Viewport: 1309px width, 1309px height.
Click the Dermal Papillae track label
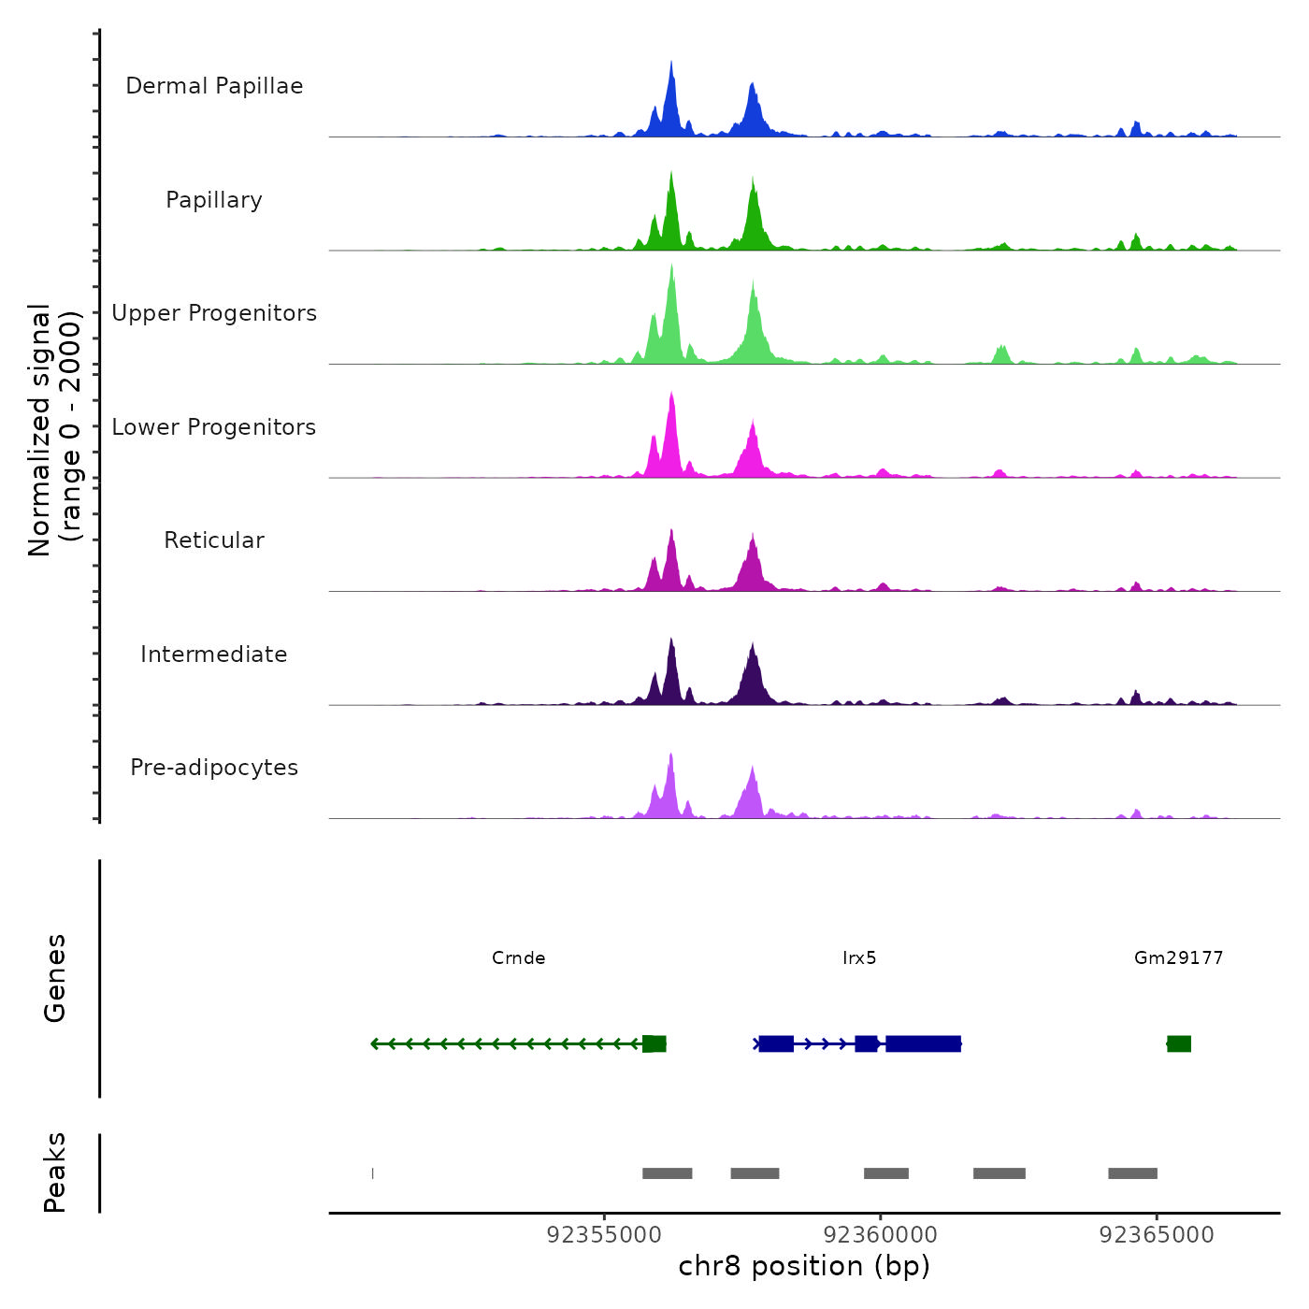[214, 86]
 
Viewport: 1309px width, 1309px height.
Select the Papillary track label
[214, 200]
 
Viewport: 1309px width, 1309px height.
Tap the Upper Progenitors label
[214, 313]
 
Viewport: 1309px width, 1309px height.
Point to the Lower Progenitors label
[214, 427]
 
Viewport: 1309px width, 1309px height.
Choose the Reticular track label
[214, 540]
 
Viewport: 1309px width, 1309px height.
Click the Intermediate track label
[214, 654]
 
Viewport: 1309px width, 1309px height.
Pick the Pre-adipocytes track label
[214, 768]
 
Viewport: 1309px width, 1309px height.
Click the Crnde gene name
[518, 957]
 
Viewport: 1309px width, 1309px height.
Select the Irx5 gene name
[859, 957]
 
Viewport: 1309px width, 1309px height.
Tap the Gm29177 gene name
[1178, 957]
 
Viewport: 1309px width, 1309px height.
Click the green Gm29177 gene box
[1179, 1043]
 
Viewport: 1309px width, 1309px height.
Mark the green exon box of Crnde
[654, 1043]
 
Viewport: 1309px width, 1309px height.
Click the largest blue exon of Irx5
[923, 1043]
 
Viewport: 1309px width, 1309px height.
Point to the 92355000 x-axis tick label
[604, 1235]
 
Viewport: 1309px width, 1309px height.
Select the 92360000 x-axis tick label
[880, 1235]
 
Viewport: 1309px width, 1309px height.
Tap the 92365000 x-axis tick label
[1157, 1235]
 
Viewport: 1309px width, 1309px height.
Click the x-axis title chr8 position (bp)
[804, 1266]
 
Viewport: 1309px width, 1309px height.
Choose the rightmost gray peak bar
[1132, 1173]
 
